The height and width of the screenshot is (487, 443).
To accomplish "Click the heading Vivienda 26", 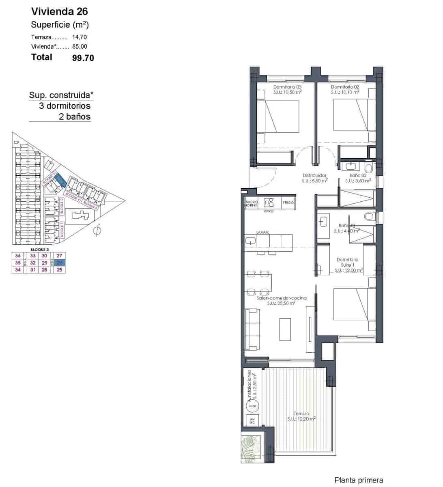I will point(59,11).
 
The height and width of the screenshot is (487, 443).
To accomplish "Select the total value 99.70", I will point(83,58).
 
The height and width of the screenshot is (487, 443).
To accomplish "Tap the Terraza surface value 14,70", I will point(80,37).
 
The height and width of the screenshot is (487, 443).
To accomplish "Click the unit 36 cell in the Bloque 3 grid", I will point(18,256).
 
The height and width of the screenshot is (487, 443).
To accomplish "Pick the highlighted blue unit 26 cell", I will point(60,263).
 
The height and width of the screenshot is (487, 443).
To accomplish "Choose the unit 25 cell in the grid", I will point(60,269).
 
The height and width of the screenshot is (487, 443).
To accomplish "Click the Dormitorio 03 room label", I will point(287,87).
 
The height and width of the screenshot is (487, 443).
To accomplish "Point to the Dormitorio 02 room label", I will point(345,87).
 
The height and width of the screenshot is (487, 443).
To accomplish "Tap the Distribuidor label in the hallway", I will point(314,176).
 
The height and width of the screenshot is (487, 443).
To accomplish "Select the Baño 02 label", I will point(358,176).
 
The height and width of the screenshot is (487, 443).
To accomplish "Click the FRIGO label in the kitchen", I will point(288,203).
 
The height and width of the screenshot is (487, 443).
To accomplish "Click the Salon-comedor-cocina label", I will point(282,298).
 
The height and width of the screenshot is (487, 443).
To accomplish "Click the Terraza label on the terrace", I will point(301,414).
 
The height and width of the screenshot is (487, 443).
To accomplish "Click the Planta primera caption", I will point(359,480).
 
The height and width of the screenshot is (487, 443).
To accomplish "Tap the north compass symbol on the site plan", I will point(97,231).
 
